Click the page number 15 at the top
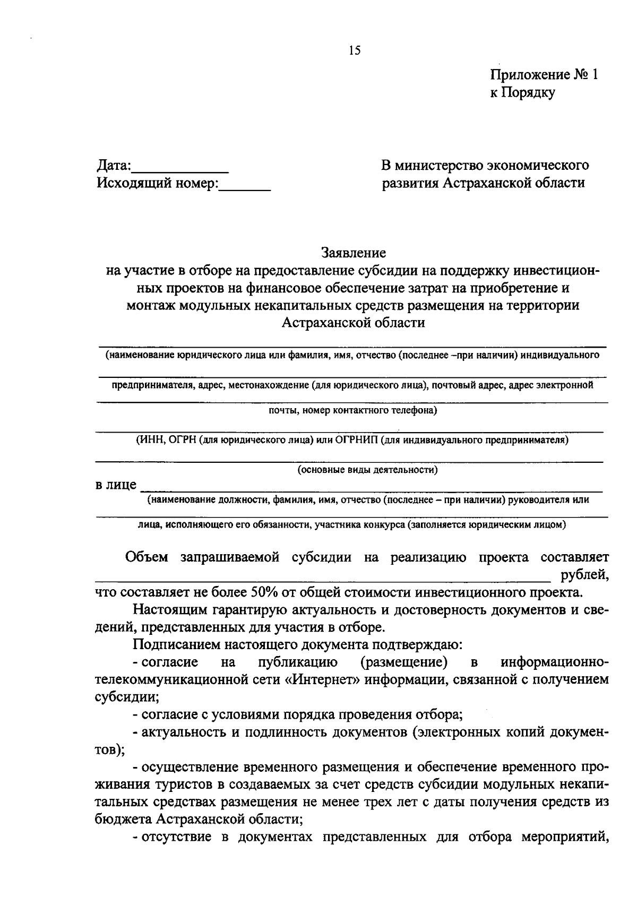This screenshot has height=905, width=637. pyautogui.click(x=355, y=51)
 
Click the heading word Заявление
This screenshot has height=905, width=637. pyautogui.click(x=353, y=252)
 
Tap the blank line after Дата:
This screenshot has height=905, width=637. pyautogui.click(x=180, y=170)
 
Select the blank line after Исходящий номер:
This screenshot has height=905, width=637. pyautogui.click(x=245, y=188)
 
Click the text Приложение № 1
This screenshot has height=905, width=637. pyautogui.click(x=544, y=74)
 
